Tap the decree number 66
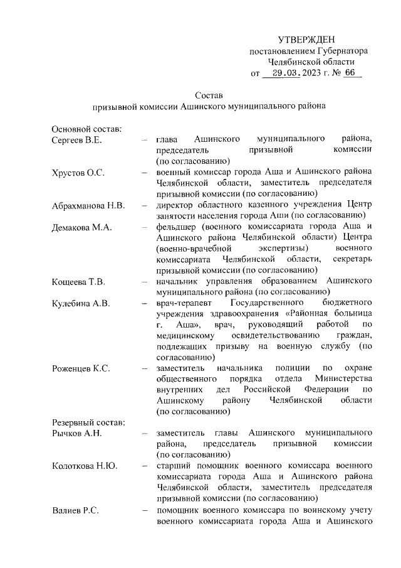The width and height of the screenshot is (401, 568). (349, 73)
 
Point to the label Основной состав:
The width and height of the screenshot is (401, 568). (86, 129)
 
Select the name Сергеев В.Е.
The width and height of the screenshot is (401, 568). (77, 139)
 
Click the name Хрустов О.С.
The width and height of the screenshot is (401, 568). (78, 172)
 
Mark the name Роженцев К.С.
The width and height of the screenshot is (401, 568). (81, 368)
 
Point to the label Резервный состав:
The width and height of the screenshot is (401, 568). (89, 422)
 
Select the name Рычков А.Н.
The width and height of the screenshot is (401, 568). (76, 433)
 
